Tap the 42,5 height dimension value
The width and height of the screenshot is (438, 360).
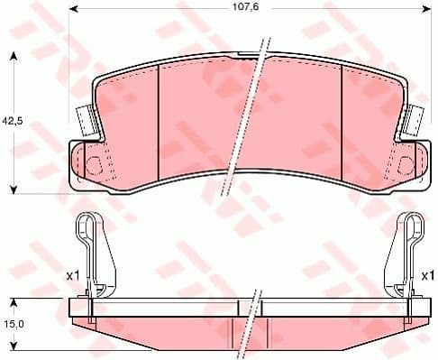(12, 120)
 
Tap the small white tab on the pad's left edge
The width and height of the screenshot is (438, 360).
(85, 118)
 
